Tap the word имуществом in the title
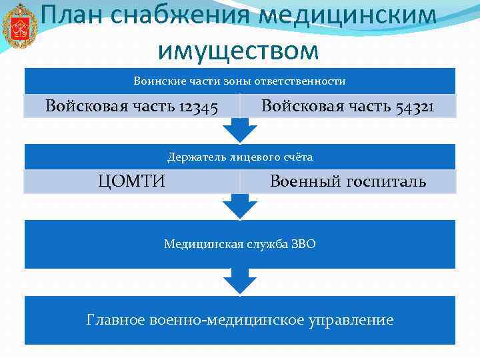pyautogui.click(x=239, y=49)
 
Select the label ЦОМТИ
pyautogui.click(x=131, y=181)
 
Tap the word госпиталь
pyautogui.click(x=386, y=181)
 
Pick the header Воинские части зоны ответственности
pyautogui.click(x=239, y=81)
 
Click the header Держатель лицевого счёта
pyautogui.click(x=239, y=157)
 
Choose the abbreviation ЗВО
pyautogui.click(x=303, y=244)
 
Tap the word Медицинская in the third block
pyautogui.click(x=197, y=244)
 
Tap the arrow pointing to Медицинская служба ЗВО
pyautogui.click(x=239, y=207)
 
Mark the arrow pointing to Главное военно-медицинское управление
pyautogui.click(x=239, y=281)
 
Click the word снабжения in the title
pyautogui.click(x=173, y=17)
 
